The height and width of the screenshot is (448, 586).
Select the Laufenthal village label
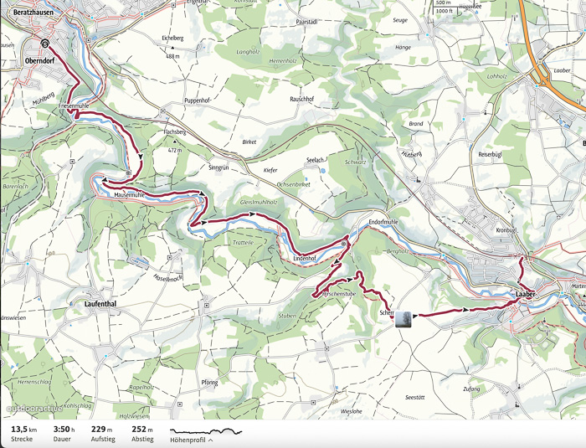(x=105, y=305)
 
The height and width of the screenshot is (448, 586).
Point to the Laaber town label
(x=526, y=295)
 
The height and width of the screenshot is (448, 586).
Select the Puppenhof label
(x=201, y=100)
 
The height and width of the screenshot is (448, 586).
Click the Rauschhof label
(x=301, y=99)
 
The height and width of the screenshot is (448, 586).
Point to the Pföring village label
(x=209, y=383)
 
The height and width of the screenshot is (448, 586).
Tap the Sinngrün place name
(x=217, y=167)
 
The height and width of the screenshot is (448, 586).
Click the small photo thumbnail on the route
(x=404, y=319)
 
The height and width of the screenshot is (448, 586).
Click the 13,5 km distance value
(x=22, y=429)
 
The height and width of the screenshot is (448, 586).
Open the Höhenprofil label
(x=190, y=440)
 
